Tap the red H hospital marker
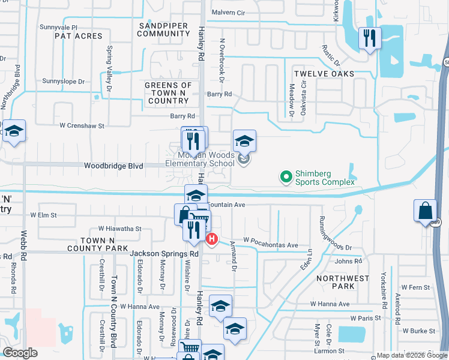point(212,239)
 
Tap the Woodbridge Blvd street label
point(113,166)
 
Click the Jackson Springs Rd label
point(164,254)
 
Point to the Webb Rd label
point(24,247)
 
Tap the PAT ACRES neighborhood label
point(79,37)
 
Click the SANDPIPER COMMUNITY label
point(164,29)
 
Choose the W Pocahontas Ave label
point(270,245)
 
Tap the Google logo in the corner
point(20,353)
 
